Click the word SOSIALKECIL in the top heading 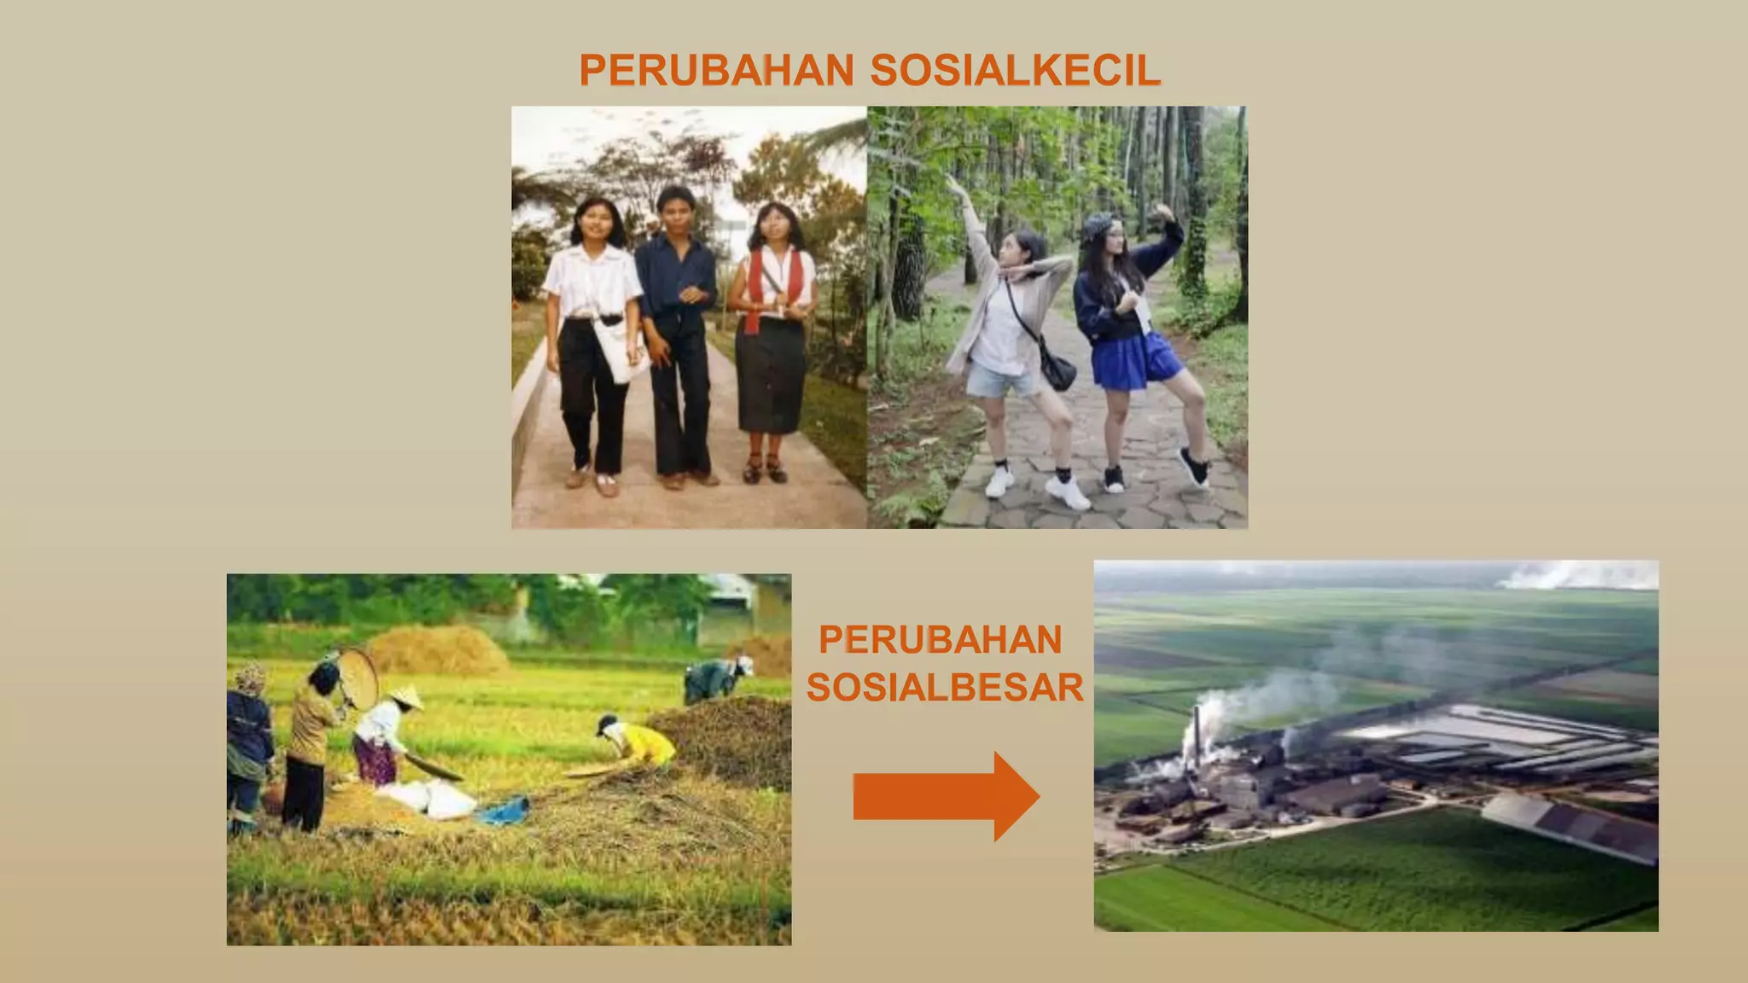(1016, 70)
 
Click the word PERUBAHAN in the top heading (716, 70)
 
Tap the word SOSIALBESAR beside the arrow (945, 687)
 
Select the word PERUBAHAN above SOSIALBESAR (940, 640)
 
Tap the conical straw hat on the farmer (407, 698)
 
